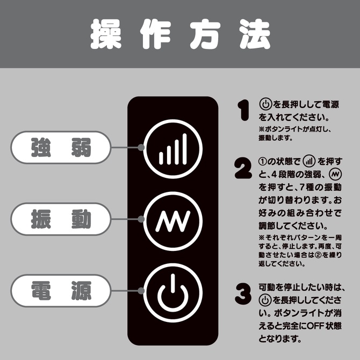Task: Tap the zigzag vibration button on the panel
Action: click(x=173, y=221)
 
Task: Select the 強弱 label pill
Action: click(x=61, y=147)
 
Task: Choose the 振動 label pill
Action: click(x=61, y=219)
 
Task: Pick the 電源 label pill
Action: click(x=61, y=291)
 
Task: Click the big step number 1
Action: click(x=243, y=110)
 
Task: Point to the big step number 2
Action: click(x=243, y=168)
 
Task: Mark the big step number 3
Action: click(x=243, y=294)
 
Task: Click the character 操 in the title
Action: click(x=106, y=34)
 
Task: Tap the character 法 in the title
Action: click(x=254, y=34)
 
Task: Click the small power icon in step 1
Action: click(x=265, y=104)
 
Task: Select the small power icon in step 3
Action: click(x=265, y=300)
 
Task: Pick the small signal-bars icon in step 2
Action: click(x=309, y=161)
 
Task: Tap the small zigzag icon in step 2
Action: click(x=335, y=174)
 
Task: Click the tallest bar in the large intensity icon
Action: click(x=184, y=149)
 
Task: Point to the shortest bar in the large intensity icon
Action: click(x=161, y=158)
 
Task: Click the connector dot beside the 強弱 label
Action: click(x=141, y=147)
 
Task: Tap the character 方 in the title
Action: click(x=205, y=34)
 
